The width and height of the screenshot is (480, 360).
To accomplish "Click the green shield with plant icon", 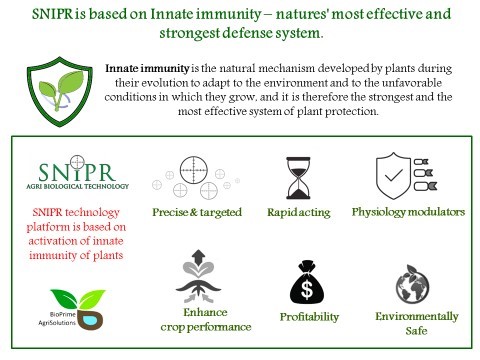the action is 60,92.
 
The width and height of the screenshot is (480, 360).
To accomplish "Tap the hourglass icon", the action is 298,178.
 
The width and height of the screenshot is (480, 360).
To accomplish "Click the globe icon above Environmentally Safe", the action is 413,284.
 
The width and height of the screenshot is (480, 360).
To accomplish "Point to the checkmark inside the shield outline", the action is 394,175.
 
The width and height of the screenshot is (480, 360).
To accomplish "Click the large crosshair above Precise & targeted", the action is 194,170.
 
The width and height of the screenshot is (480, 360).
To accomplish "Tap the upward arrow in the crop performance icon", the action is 199,256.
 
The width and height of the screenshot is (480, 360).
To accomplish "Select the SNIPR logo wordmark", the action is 77,172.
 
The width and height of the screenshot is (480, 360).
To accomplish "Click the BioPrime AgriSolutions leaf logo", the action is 77,309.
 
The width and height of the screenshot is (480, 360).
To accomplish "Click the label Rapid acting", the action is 299,212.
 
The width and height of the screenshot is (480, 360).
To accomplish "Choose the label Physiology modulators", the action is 408,212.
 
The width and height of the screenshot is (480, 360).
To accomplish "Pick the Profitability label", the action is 309,317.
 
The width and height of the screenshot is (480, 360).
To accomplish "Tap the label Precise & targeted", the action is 197,212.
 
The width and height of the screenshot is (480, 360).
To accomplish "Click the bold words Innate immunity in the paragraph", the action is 147,68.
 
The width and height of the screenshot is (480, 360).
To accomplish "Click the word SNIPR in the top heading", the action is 52,14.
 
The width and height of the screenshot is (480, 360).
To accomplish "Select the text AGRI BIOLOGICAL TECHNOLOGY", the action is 78,186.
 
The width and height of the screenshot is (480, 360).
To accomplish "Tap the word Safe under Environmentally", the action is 416,331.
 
